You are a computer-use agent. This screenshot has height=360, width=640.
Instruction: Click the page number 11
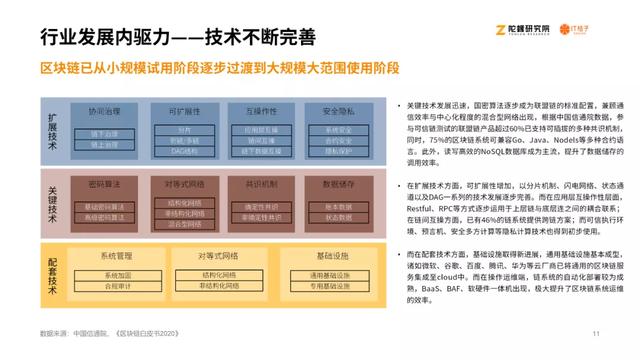point(595,333)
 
